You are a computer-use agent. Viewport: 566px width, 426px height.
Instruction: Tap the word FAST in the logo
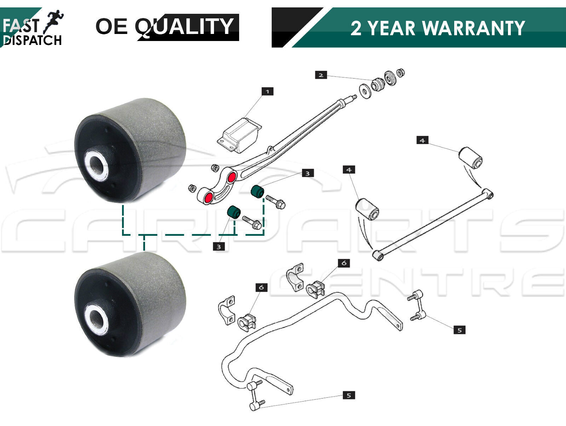pos(21,25)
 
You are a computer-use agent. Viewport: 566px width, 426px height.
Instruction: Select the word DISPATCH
pos(33,40)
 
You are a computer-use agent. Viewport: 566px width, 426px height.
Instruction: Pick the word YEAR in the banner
pos(391,28)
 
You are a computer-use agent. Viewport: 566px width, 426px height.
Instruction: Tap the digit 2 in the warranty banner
pos(356,28)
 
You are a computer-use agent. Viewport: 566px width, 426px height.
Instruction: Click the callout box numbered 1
pos(267,92)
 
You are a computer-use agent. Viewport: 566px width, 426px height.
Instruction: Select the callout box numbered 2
pos(321,75)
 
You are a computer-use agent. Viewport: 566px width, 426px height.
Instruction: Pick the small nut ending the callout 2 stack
pos(400,73)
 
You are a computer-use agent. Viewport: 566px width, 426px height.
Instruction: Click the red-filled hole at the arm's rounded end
pos(208,198)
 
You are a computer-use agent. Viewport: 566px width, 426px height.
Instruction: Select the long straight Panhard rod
pos(433,224)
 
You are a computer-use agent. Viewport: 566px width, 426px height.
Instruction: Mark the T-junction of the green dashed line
pos(144,235)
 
